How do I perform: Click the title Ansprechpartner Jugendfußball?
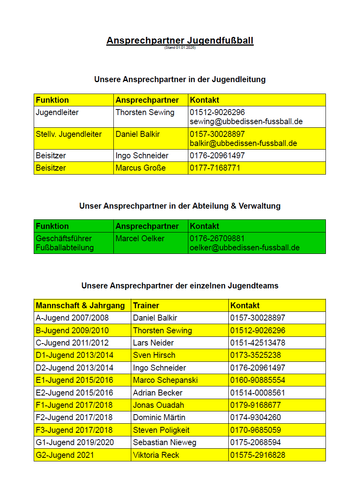pos(180,40)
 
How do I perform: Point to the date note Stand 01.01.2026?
pos(180,48)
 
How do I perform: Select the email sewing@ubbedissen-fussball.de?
pos(246,121)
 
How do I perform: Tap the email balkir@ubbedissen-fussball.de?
pos(243,143)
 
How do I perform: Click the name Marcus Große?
pos(140,168)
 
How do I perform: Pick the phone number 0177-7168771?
pos(215,168)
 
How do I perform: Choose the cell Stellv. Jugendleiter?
pos(69,134)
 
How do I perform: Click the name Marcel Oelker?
pos(140,238)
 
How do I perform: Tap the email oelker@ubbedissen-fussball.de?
pos(245,248)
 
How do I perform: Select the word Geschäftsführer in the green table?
pos(64,238)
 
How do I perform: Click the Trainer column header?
pos(146,305)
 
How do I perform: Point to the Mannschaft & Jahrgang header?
pos(80,305)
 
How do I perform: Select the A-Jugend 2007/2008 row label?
pos(72,318)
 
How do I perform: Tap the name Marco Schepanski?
pos(165,380)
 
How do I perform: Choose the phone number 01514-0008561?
pos(258,393)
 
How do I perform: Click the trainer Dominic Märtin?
pos(159,417)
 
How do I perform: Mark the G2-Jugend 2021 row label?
pos(65,455)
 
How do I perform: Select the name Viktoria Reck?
pos(156,455)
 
